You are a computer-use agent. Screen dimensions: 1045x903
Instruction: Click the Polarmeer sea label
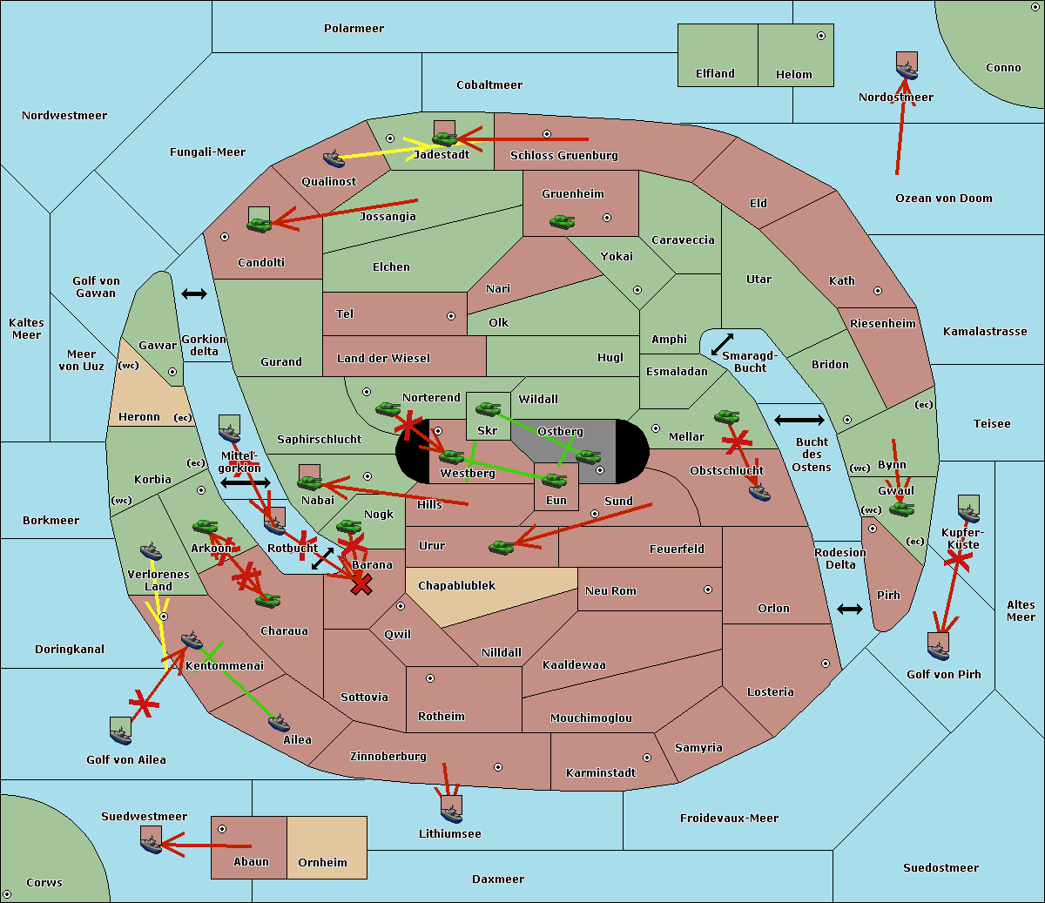click(354, 29)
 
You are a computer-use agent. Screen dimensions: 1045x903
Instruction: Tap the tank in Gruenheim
click(563, 221)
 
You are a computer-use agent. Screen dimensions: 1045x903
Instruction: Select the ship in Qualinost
click(334, 158)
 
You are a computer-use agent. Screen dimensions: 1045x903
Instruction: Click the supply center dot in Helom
click(821, 36)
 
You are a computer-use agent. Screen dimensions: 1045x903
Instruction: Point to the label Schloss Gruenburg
click(564, 155)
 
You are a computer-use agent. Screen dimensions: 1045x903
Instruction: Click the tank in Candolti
click(260, 224)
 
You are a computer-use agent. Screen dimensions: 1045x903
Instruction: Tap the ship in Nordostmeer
click(907, 71)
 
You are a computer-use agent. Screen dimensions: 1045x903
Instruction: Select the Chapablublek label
click(456, 585)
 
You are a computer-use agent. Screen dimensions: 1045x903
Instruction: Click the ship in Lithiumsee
click(451, 813)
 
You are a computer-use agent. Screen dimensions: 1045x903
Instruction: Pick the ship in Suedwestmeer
click(152, 845)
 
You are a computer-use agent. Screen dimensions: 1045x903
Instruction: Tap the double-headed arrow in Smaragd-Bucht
click(722, 344)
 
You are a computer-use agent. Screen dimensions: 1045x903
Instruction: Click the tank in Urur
click(502, 547)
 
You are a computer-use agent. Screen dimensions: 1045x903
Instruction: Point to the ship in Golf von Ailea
click(121, 735)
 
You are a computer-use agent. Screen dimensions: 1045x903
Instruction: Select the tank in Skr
click(489, 408)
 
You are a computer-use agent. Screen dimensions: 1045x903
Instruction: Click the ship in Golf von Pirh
click(939, 650)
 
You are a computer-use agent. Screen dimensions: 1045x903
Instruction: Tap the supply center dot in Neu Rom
click(708, 590)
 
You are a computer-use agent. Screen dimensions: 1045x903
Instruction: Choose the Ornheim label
click(322, 863)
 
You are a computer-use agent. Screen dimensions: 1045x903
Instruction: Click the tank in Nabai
click(309, 482)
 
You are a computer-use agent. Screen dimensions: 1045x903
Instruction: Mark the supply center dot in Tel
click(451, 316)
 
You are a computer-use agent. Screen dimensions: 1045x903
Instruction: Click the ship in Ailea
click(279, 723)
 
